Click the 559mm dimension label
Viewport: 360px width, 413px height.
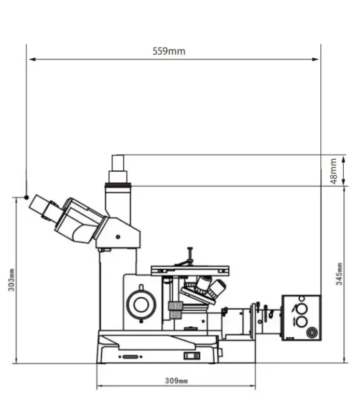click(169, 51)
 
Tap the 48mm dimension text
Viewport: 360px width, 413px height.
click(333, 171)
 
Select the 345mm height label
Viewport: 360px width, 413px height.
click(339, 274)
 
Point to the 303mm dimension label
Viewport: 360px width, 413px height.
click(11, 280)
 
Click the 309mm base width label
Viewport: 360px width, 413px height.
click(176, 381)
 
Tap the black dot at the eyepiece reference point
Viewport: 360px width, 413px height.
click(27, 197)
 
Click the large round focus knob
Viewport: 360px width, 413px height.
click(141, 305)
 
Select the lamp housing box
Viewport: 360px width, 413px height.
click(301, 318)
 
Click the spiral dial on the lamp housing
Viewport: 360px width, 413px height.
click(312, 332)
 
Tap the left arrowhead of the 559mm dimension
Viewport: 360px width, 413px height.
click(32, 59)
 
